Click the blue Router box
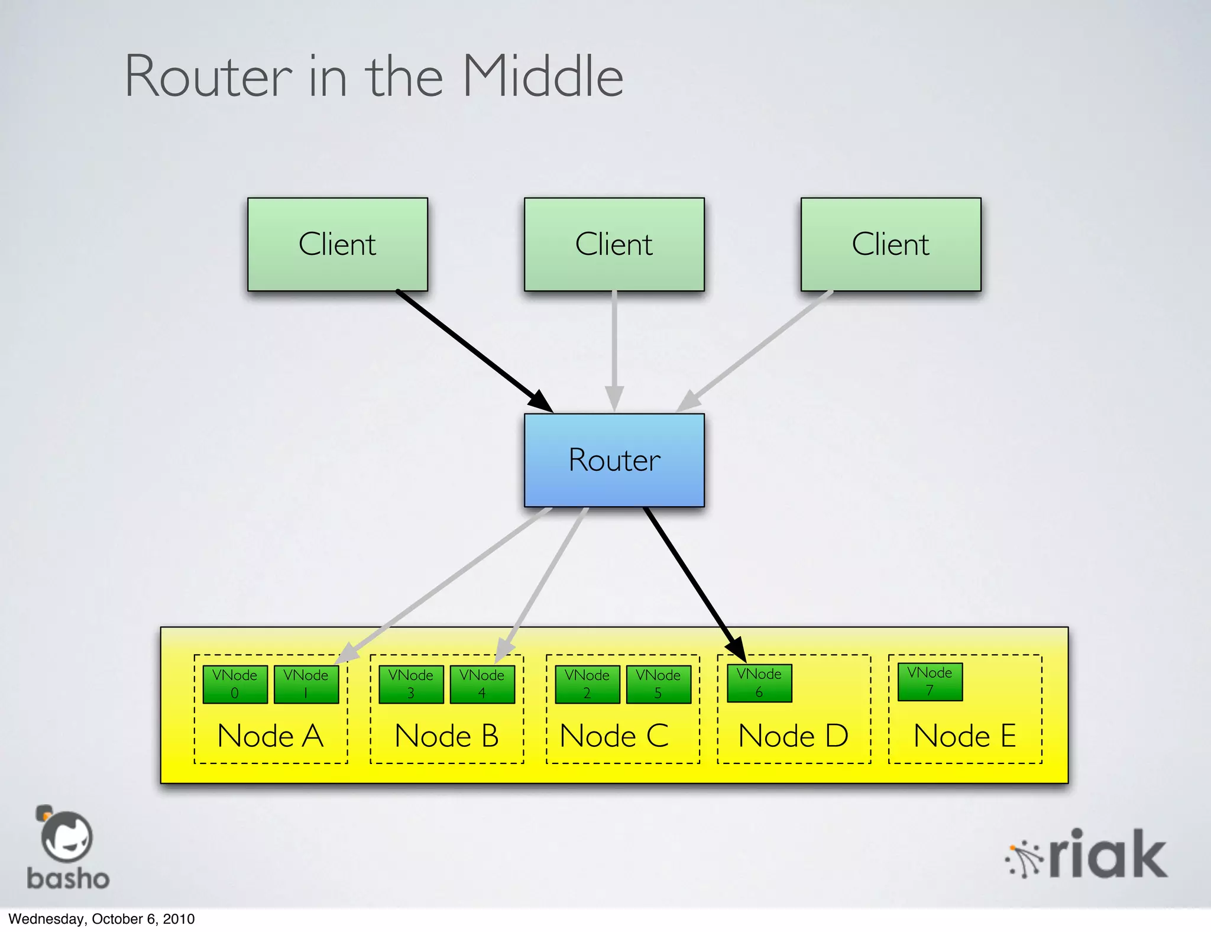coord(614,460)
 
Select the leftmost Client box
coord(337,244)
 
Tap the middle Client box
coord(614,244)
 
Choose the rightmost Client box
coord(891,244)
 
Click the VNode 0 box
coord(235,684)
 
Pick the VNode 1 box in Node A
coord(306,684)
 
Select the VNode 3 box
coord(411,684)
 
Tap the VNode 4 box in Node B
coord(482,684)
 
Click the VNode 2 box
coord(587,684)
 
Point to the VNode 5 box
coord(658,684)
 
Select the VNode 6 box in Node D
coord(759,683)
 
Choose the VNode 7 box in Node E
coord(930,682)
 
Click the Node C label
coord(614,736)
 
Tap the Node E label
coord(964,736)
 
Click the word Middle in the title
coord(543,77)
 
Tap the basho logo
coord(67,849)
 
